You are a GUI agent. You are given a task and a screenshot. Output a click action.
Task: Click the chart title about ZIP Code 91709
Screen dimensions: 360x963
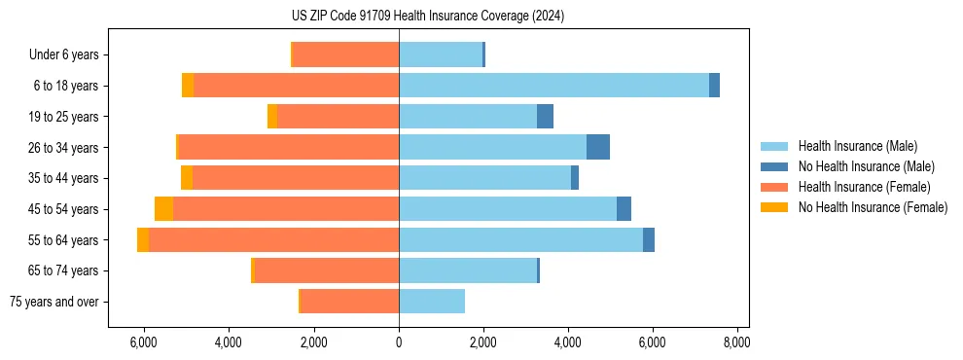click(x=481, y=17)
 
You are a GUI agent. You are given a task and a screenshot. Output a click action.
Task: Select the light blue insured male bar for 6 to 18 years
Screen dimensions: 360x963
click(x=553, y=86)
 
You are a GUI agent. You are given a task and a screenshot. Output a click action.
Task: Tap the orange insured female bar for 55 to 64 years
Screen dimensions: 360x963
click(x=273, y=239)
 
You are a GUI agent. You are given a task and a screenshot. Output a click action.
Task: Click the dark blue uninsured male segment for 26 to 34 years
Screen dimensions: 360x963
click(x=598, y=147)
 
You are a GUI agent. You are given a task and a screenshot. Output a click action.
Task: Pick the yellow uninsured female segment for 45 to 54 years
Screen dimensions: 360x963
click(x=163, y=209)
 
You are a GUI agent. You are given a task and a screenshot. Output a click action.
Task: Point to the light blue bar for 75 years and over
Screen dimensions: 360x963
click(x=432, y=302)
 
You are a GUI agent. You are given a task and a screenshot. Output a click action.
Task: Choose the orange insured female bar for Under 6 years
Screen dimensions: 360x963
click(x=345, y=54)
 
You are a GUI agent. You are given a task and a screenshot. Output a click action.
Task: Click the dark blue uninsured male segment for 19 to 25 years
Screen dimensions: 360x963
click(x=545, y=117)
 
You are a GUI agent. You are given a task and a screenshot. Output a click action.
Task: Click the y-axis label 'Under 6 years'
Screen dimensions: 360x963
click(x=63, y=54)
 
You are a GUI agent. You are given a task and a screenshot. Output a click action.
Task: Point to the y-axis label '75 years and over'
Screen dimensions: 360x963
click(x=54, y=302)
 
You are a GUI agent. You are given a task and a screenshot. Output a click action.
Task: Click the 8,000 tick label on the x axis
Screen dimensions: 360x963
click(x=736, y=342)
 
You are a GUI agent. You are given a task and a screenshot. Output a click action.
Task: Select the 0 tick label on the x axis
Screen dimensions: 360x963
click(x=399, y=342)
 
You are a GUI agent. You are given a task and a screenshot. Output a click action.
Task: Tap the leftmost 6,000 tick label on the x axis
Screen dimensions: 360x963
click(x=144, y=342)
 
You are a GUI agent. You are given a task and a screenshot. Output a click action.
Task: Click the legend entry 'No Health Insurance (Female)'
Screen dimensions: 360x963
click(x=873, y=207)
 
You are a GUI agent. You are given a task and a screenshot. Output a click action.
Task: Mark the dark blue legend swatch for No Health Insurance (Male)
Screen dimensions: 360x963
click(x=774, y=166)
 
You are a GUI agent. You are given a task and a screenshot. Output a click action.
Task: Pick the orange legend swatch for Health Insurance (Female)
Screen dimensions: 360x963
click(x=774, y=187)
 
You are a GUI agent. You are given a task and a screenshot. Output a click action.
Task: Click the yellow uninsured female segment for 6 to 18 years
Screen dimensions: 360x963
click(x=188, y=86)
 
